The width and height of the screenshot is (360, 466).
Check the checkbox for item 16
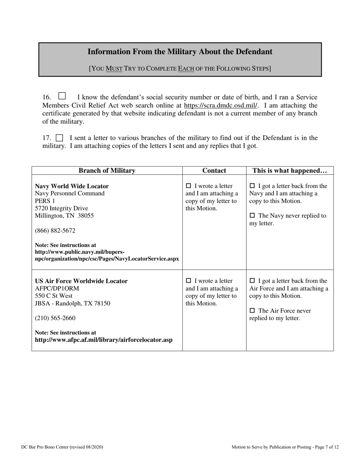[62, 96]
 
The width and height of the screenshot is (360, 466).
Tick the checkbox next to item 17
[59, 138]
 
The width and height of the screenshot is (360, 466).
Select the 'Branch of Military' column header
[107, 170]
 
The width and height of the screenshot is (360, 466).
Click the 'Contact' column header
[214, 170]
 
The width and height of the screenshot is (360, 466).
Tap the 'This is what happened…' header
[290, 170]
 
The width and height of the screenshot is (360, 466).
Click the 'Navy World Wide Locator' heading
[72, 186]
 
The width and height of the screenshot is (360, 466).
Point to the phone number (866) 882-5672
[55, 230]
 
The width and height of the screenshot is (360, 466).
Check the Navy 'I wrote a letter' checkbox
[189, 186]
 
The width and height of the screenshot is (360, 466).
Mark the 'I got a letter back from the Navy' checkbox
[252, 186]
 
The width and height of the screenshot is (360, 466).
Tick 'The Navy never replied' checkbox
[252, 216]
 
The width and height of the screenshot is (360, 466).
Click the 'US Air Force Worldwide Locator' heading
[81, 281]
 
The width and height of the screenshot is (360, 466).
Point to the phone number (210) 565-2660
[55, 318]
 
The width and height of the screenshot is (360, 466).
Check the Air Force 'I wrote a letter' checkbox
[189, 281]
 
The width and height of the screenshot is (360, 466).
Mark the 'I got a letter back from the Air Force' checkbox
[252, 281]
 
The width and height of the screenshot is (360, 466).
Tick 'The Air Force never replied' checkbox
[252, 311]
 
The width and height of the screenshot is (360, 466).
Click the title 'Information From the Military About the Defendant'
[180, 52]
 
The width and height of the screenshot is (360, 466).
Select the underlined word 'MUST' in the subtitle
[114, 69]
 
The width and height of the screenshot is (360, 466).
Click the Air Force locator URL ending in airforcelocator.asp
[103, 340]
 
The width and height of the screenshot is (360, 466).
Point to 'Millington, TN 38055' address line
[64, 216]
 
